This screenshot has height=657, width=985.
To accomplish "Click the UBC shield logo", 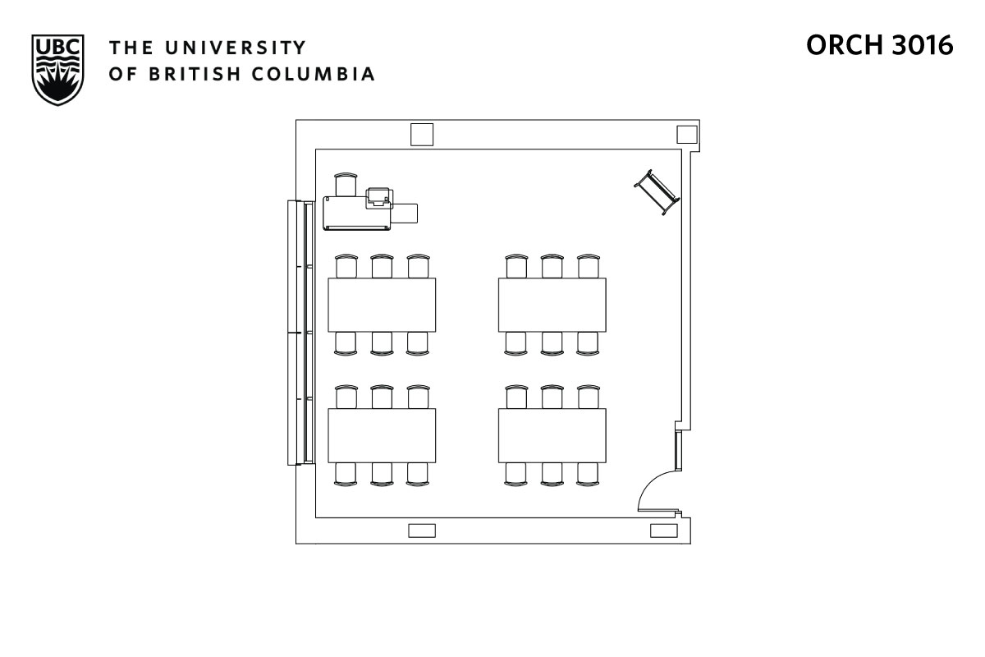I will pos(57,69).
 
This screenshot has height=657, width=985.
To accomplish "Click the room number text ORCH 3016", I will pos(879,46).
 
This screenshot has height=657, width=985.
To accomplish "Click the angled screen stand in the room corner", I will pos(657,192).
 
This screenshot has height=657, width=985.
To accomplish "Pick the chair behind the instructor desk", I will pos(346,184).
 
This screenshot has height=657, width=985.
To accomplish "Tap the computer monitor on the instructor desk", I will pos(378,196).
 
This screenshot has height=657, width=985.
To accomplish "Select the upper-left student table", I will pos(382,305).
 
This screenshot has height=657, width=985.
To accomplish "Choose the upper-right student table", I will pos(552,305).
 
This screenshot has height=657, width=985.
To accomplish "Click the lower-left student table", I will pos(382,435).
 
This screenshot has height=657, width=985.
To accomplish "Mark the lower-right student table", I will pos(552,435).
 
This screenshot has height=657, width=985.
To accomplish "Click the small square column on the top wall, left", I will pos(422,134).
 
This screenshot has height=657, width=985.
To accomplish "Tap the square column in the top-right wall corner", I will pos(686,134).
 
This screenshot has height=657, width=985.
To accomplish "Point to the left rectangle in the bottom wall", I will pos(422,531).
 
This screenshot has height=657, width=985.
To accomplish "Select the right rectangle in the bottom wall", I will pos(663,531).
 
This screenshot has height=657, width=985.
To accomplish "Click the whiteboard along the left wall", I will pos(300,333).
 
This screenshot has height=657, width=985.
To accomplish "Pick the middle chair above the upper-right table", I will pos(552,266).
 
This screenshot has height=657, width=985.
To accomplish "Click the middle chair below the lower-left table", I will pos(382,474).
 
